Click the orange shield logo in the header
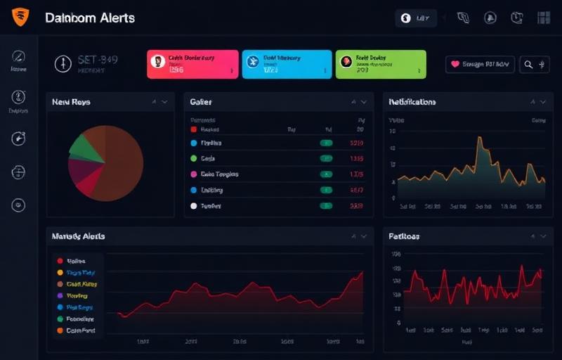point(20,16)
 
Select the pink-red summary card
point(192,64)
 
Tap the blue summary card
point(286,64)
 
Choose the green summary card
point(381,64)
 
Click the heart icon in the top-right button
point(455,65)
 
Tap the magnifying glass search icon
point(528,65)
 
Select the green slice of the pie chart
point(84,146)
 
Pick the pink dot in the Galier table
point(194,174)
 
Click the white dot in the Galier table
point(194,206)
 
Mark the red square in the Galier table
point(194,129)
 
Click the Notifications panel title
point(412,102)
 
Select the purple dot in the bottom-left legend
point(60,296)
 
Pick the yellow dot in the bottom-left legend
point(60,272)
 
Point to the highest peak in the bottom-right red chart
point(522,266)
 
